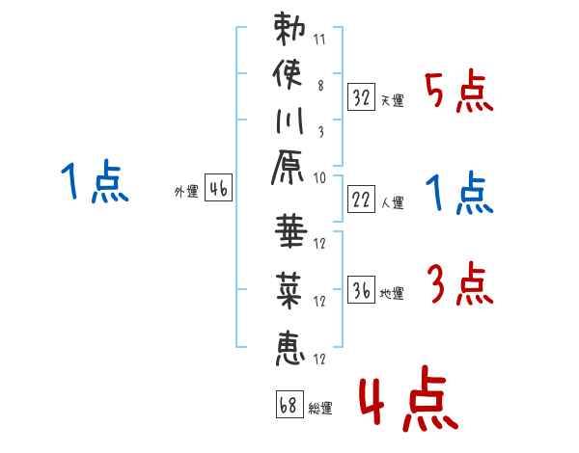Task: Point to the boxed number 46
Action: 218,189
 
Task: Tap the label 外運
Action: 186,192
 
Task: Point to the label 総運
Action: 321,408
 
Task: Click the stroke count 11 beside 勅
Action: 319,41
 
